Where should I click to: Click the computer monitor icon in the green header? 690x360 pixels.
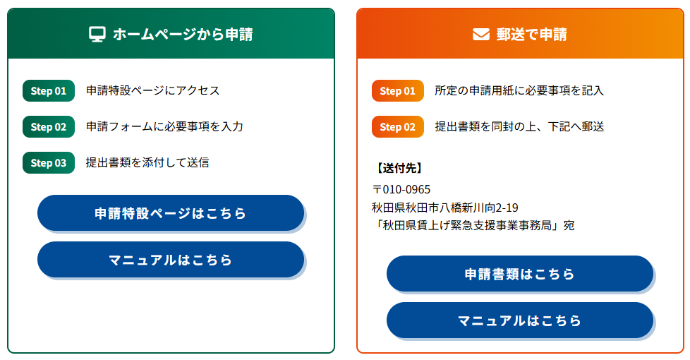[97, 35]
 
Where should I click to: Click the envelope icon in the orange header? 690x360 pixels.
[481, 35]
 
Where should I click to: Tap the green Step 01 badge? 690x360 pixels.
[49, 90]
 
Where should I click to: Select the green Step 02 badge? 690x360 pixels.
[49, 127]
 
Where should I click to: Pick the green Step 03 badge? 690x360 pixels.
[49, 163]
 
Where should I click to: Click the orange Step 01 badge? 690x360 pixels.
[398, 90]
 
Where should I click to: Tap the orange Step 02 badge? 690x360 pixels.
[398, 127]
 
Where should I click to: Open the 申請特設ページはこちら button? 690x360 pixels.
[171, 213]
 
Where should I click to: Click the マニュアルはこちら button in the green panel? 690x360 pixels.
[171, 260]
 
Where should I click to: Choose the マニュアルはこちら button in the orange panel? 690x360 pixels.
[520, 320]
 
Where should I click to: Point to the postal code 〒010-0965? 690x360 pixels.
[401, 190]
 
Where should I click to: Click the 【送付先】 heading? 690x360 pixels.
[399, 168]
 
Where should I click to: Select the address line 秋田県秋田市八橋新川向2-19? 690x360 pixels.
[445, 208]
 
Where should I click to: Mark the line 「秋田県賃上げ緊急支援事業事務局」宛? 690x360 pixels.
[473, 225]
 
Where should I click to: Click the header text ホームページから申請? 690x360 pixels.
[183, 35]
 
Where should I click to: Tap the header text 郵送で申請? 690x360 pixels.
[532, 35]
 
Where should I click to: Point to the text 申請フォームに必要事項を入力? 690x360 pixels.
[164, 127]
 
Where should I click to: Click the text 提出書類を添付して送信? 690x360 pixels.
[147, 163]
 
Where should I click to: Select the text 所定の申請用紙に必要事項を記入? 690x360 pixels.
[519, 90]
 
